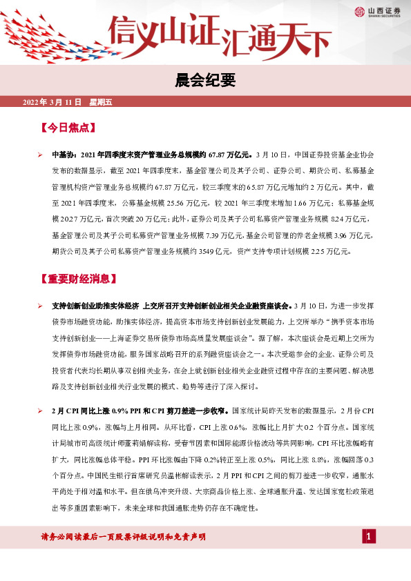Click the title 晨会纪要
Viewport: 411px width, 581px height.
tap(205, 81)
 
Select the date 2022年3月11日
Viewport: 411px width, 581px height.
tap(52, 102)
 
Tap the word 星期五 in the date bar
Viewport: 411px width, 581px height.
tap(101, 102)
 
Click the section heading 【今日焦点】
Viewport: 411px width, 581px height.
tap(68, 128)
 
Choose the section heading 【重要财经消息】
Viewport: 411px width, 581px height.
tap(77, 279)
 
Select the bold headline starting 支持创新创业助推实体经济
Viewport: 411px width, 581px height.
tap(171, 305)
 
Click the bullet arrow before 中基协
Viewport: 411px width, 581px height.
tap(41, 157)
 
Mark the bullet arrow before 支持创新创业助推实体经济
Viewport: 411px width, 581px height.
tap(41, 305)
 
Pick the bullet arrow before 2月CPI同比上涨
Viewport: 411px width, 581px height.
tap(41, 410)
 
